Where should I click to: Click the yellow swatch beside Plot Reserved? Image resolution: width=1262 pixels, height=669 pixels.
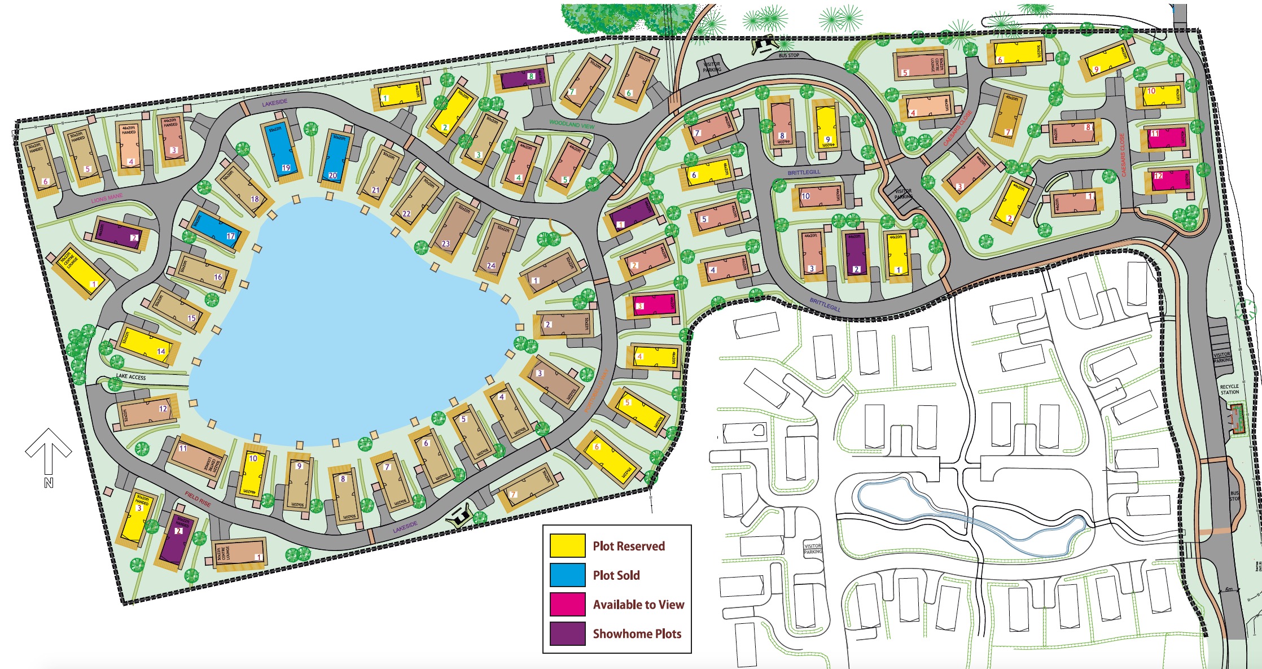567,545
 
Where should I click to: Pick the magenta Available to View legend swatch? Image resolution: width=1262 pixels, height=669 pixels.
567,604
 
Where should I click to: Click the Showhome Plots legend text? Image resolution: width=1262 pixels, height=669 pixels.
637,633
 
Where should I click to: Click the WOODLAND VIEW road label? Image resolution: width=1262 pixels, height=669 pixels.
571,124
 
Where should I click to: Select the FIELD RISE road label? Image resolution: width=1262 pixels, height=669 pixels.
198,499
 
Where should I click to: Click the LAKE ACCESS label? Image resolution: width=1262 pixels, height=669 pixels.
131,377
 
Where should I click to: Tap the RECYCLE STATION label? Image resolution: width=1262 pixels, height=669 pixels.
1229,389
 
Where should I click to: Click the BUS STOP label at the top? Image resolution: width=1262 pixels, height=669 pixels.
788,55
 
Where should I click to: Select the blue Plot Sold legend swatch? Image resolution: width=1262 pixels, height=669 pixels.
567,575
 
